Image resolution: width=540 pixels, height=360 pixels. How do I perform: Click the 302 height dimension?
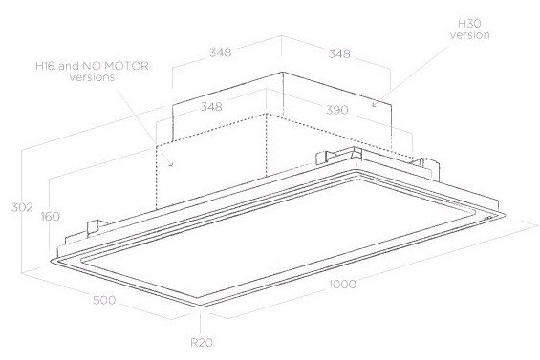(22, 207)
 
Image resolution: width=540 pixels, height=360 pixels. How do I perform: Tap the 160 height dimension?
(51, 217)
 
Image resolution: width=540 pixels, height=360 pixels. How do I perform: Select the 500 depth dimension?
(104, 300)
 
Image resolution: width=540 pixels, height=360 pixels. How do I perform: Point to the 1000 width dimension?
(342, 285)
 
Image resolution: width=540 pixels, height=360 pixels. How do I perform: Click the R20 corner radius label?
(202, 343)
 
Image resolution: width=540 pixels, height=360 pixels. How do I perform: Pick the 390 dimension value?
(337, 110)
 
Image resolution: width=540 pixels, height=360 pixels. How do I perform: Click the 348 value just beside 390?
(211, 106)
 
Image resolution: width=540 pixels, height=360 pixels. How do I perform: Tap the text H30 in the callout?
(469, 24)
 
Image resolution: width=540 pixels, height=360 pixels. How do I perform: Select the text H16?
(46, 66)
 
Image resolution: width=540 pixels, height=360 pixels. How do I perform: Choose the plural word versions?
(92, 76)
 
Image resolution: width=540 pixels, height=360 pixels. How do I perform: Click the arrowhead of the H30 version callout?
(374, 104)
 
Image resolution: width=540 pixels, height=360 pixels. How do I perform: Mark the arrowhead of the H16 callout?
(171, 164)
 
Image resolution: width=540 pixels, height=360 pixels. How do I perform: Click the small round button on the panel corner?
(486, 220)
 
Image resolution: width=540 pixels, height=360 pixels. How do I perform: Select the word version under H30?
(470, 34)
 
